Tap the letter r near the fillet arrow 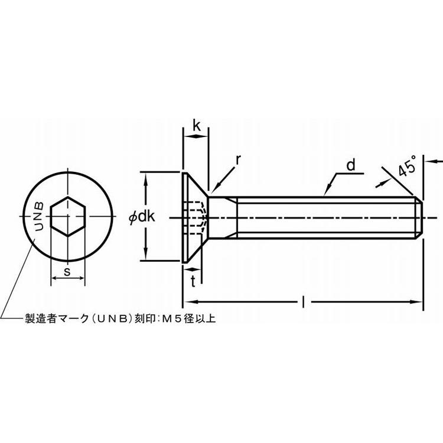coord(238,160)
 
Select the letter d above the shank coord(351,165)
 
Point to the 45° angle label coord(407,166)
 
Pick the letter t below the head coord(193,281)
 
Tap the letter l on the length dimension coord(304,302)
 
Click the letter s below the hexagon coord(67,272)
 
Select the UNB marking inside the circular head coord(39,216)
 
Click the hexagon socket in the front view coord(67,216)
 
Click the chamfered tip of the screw coord(419,218)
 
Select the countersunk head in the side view coord(196,217)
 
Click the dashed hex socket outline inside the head coord(196,218)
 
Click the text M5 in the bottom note coord(171,318)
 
